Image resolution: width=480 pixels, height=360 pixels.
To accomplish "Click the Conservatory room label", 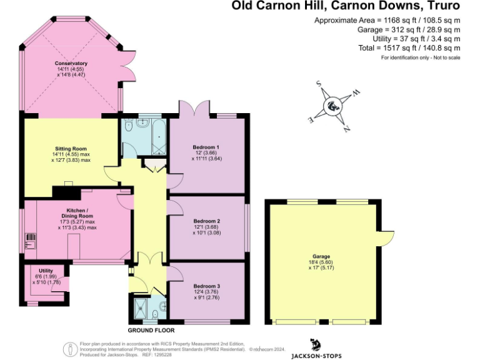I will tap(70, 64).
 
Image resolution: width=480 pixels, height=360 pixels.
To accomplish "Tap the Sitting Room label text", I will tap(70, 148).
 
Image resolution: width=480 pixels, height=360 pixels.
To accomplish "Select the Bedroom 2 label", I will tap(206, 221).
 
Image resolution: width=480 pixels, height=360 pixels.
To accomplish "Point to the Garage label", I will tap(322, 256).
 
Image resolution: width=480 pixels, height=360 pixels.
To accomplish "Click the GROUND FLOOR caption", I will tap(151, 330).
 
